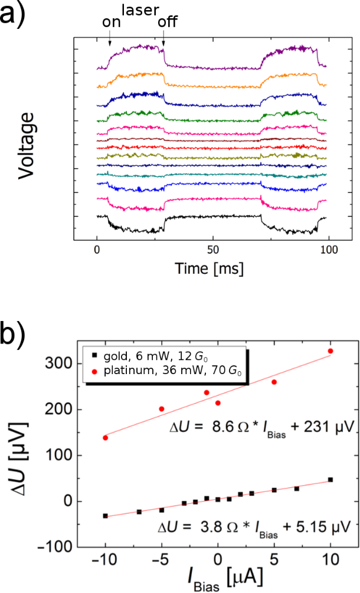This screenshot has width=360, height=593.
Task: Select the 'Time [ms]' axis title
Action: [x=210, y=268]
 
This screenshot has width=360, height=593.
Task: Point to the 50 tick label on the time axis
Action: [x=214, y=249]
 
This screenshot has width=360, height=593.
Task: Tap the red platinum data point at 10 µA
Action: [x=330, y=351]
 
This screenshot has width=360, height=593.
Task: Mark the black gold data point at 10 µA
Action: [x=330, y=480]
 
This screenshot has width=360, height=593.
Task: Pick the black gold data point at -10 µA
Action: [x=105, y=516]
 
